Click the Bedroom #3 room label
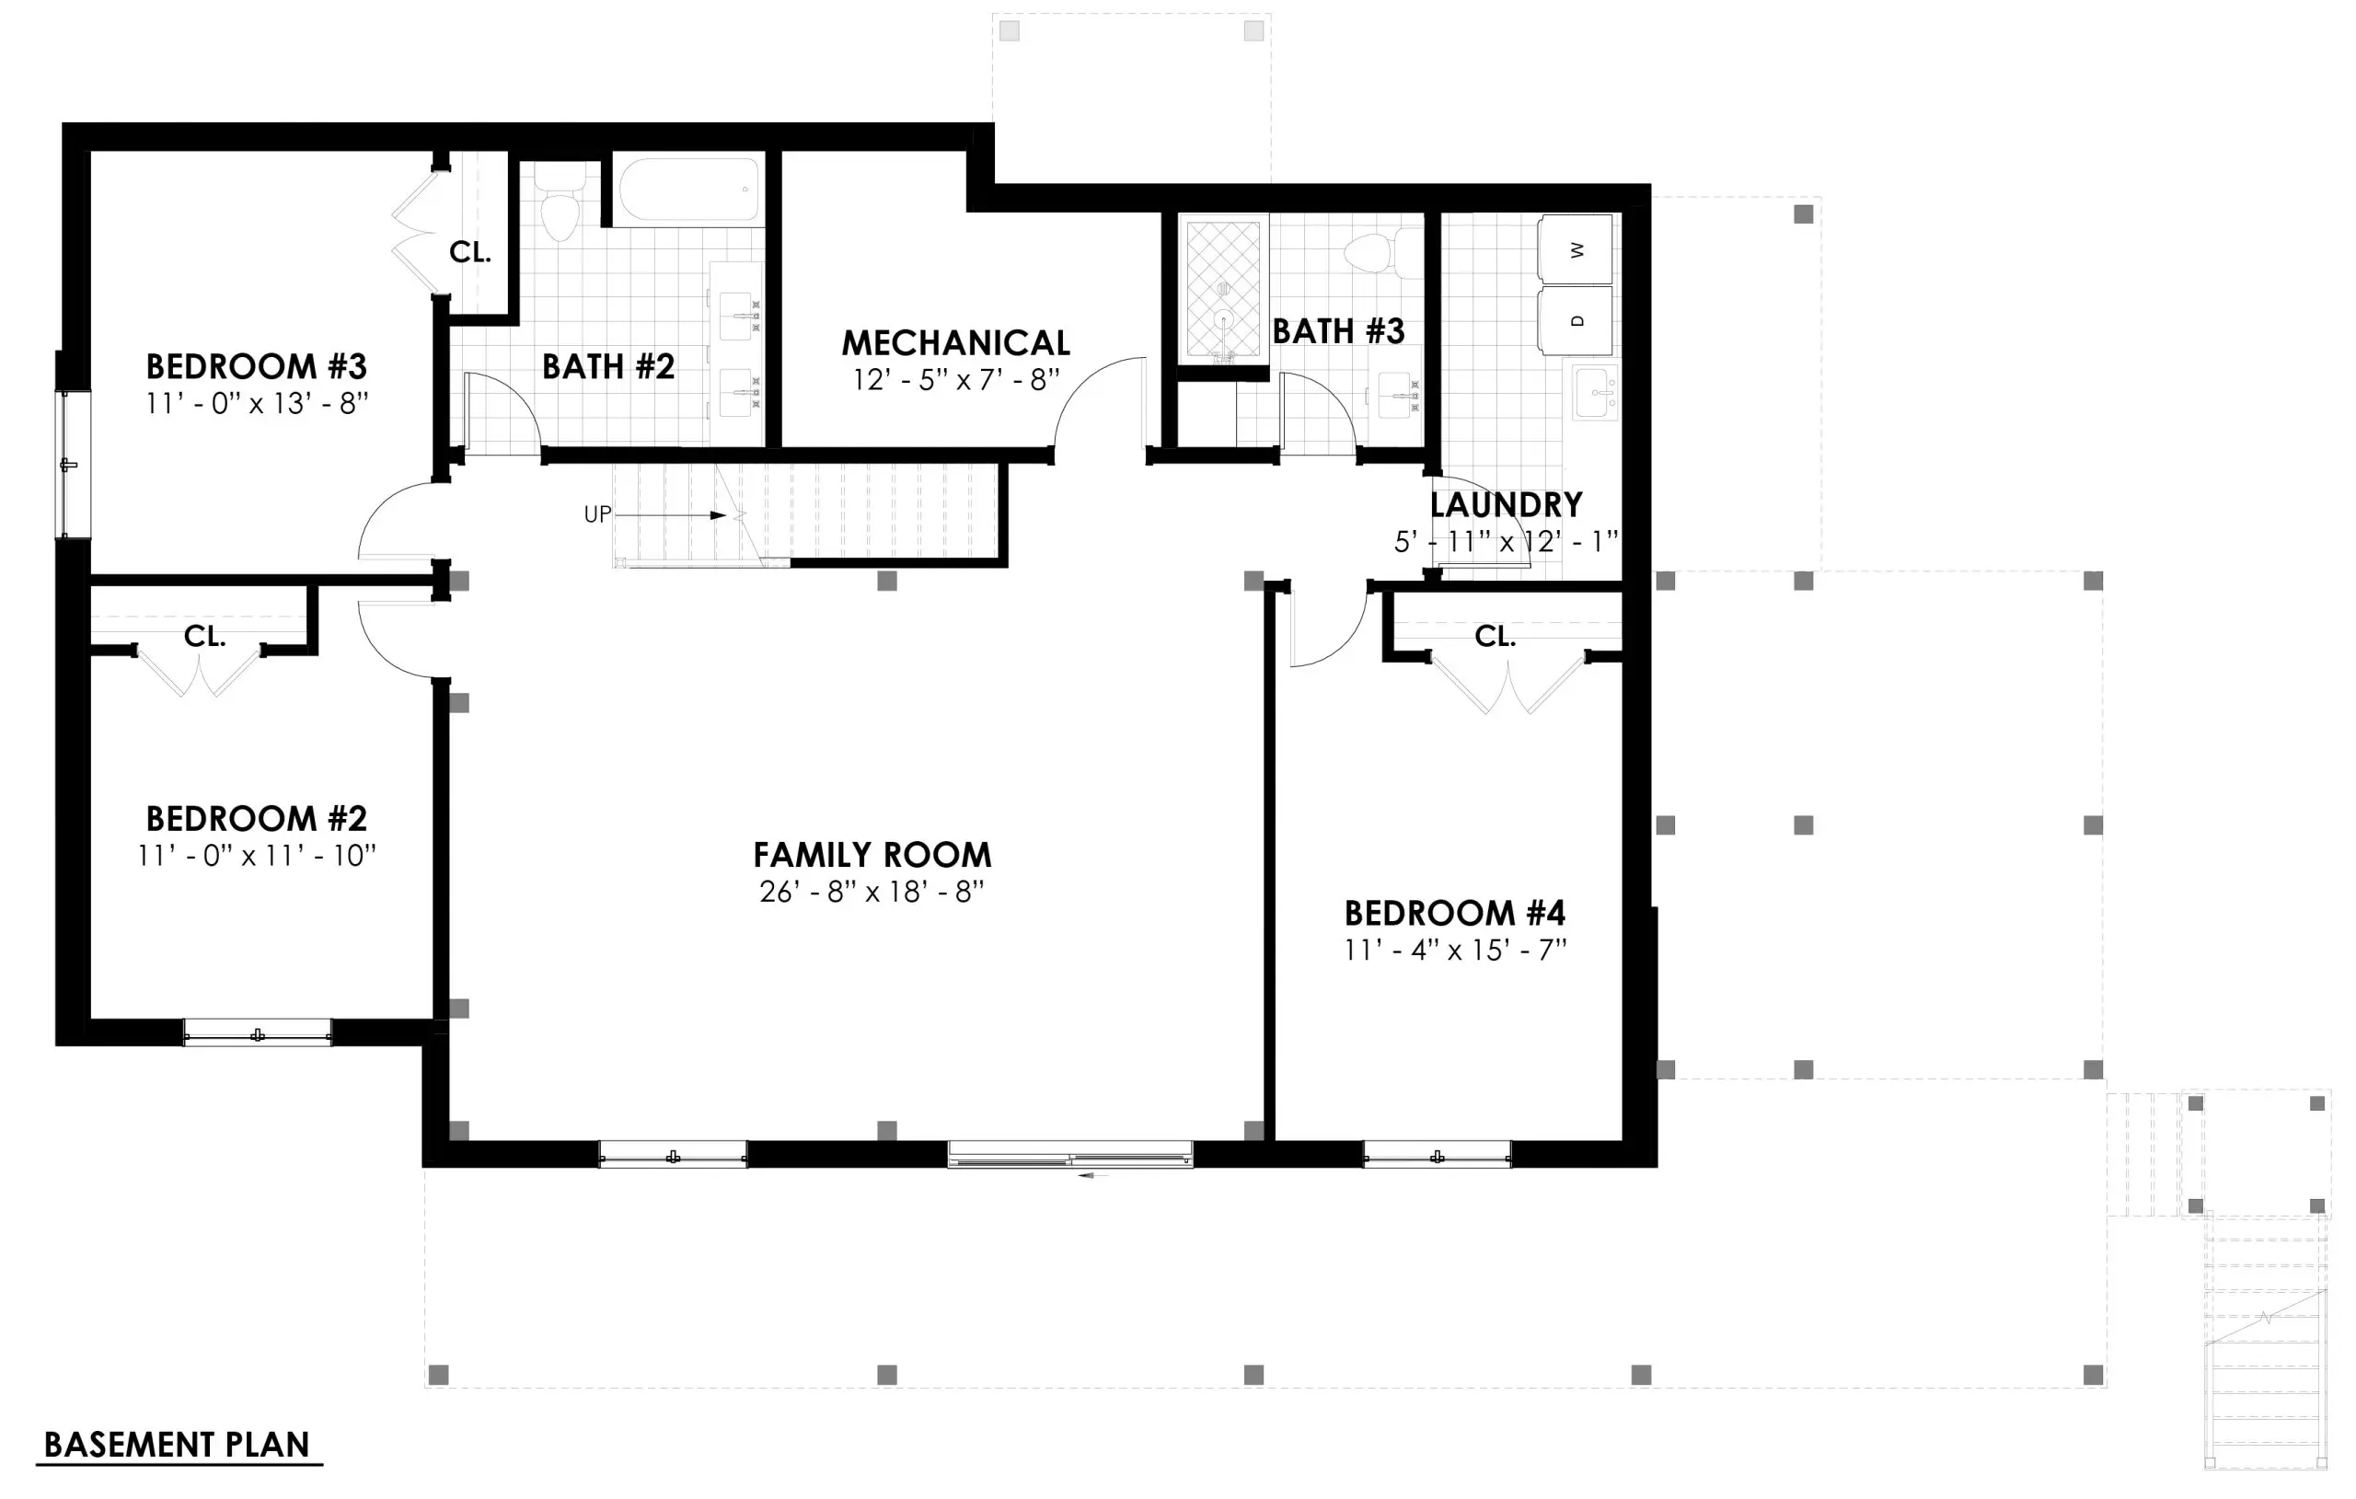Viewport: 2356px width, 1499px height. pyautogui.click(x=257, y=367)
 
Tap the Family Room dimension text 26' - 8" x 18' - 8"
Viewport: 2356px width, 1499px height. pyautogui.click(x=871, y=893)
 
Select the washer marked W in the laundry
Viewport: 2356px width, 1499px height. pyautogui.click(x=1576, y=249)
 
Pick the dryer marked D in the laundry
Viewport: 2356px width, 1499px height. pyautogui.click(x=1576, y=320)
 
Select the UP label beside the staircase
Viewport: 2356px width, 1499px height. pyautogui.click(x=598, y=514)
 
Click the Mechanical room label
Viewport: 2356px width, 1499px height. pyautogui.click(x=956, y=343)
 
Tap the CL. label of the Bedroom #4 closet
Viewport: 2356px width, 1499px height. pyautogui.click(x=1495, y=637)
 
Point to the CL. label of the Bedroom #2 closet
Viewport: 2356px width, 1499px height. pyautogui.click(x=204, y=637)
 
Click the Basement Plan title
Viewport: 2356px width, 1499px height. pyautogui.click(x=177, y=1446)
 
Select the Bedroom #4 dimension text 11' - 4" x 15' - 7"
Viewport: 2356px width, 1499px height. pyautogui.click(x=1455, y=950)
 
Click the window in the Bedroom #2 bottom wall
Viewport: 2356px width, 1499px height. pyautogui.click(x=258, y=1033)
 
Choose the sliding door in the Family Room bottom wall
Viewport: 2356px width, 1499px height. pyautogui.click(x=1070, y=1155)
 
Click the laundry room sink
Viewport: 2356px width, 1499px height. pyautogui.click(x=1596, y=392)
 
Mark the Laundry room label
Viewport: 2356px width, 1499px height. pyautogui.click(x=1506, y=505)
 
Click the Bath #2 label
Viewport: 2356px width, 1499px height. pyautogui.click(x=608, y=367)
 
